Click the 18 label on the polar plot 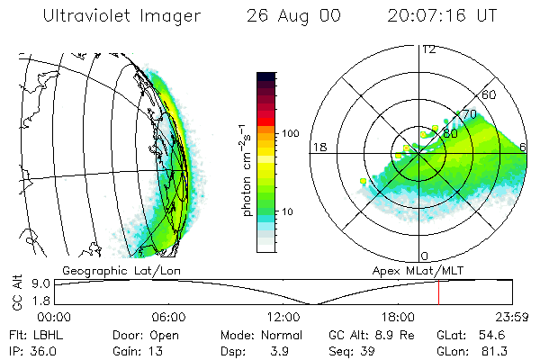click(x=319, y=147)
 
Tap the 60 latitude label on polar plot click(x=490, y=94)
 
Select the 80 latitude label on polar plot click(x=450, y=133)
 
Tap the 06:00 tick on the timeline click(x=168, y=317)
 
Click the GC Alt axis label click(x=15, y=293)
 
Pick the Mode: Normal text click(x=256, y=335)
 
